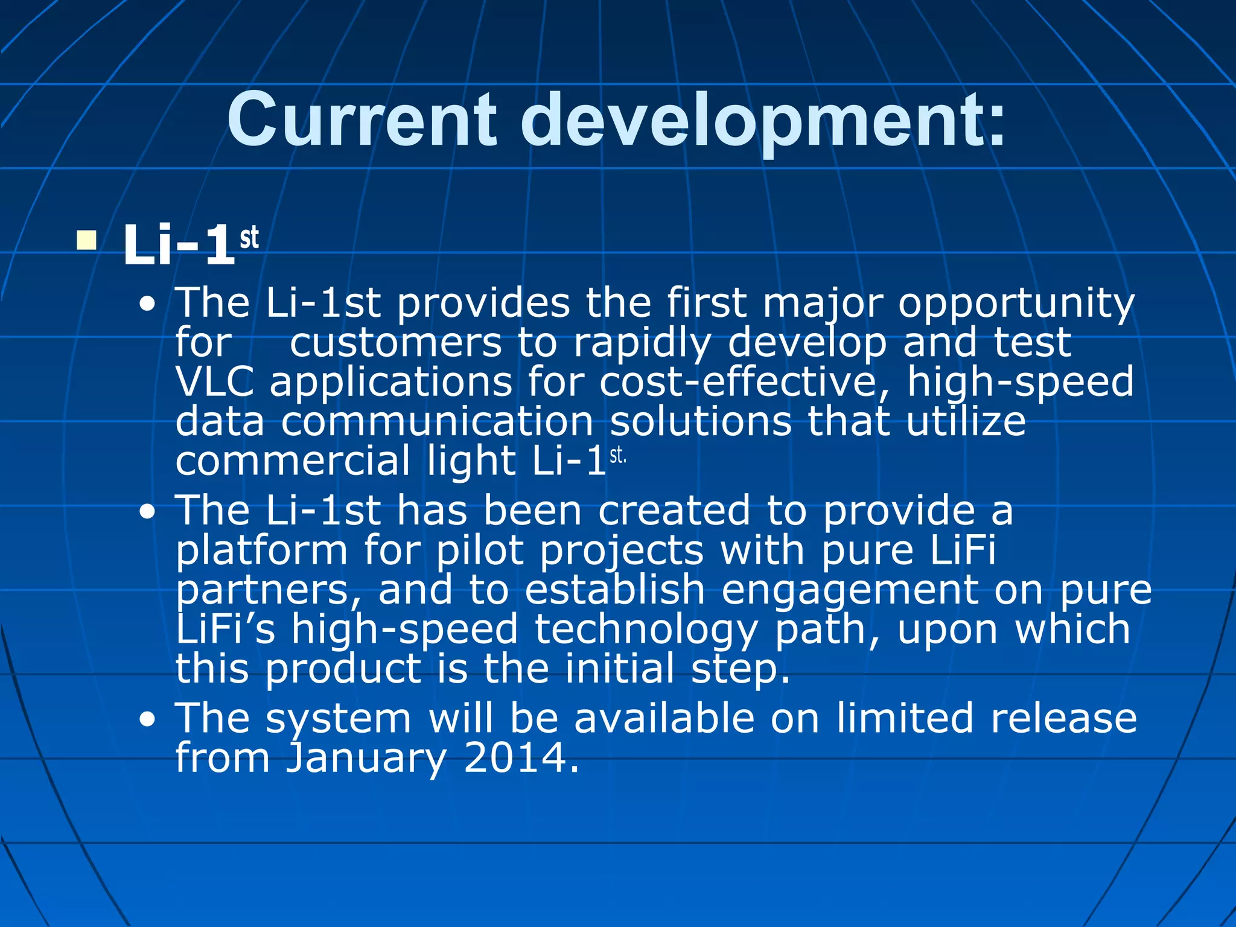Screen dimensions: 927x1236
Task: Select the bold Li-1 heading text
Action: (x=179, y=245)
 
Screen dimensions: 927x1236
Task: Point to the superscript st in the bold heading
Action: (x=249, y=237)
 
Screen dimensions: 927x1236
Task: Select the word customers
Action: (x=395, y=343)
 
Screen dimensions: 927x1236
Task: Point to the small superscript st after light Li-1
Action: (x=617, y=456)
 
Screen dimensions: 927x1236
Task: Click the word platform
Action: (x=261, y=551)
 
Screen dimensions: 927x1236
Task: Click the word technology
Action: (x=646, y=629)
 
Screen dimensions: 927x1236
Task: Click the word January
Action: (x=366, y=758)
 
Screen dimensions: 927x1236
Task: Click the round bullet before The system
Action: (x=147, y=720)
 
